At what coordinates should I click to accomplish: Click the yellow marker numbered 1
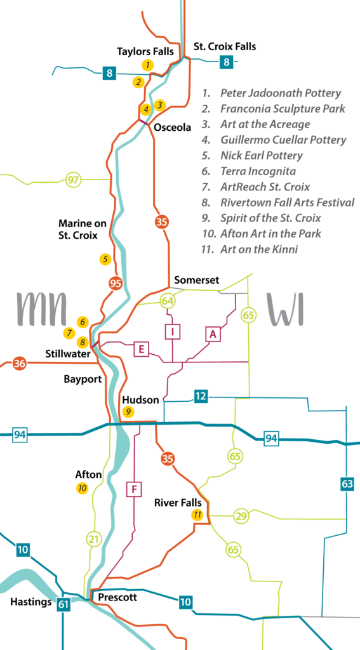point(147,65)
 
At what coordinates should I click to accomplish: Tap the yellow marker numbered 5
point(105,259)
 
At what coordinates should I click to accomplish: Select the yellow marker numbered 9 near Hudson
point(128,411)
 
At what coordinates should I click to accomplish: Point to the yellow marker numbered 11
point(197,515)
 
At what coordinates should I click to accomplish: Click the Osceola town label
point(173,128)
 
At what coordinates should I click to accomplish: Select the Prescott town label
point(117,597)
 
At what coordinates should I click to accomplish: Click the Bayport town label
point(83,379)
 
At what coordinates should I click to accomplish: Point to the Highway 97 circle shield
point(74,180)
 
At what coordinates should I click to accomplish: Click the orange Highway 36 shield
point(19,364)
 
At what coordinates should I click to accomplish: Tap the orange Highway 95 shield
point(116,284)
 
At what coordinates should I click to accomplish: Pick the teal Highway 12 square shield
point(201,396)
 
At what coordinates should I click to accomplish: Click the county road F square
point(134,489)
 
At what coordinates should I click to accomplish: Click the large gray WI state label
point(285,309)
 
